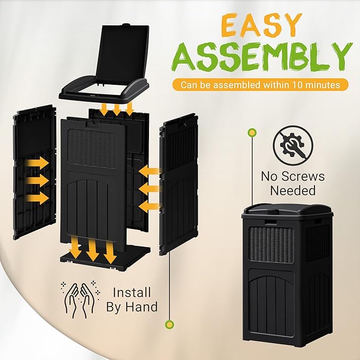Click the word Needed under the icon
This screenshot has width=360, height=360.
293,190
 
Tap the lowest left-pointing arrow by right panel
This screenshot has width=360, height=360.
148,205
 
